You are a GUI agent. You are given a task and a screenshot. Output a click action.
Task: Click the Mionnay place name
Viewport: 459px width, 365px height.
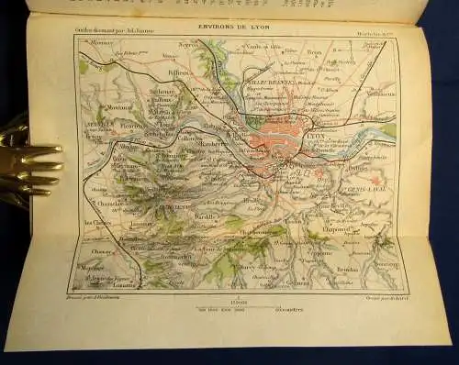click(x=99, y=42)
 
